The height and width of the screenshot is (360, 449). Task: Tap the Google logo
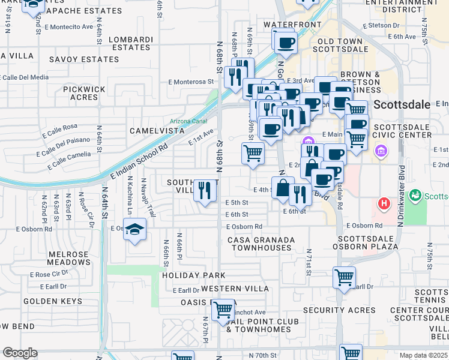[20, 353]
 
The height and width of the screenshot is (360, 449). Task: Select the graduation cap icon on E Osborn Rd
[135, 230]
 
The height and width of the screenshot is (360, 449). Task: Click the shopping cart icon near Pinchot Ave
[223, 310]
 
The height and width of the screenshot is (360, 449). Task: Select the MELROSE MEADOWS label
[68, 259]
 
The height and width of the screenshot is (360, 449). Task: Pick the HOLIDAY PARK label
[193, 275]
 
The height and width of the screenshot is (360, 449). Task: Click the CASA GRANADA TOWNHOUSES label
[262, 244]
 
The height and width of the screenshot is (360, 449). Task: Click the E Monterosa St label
[190, 82]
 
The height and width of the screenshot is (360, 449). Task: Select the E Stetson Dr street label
[381, 26]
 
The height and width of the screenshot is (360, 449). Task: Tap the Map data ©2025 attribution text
[424, 355]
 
